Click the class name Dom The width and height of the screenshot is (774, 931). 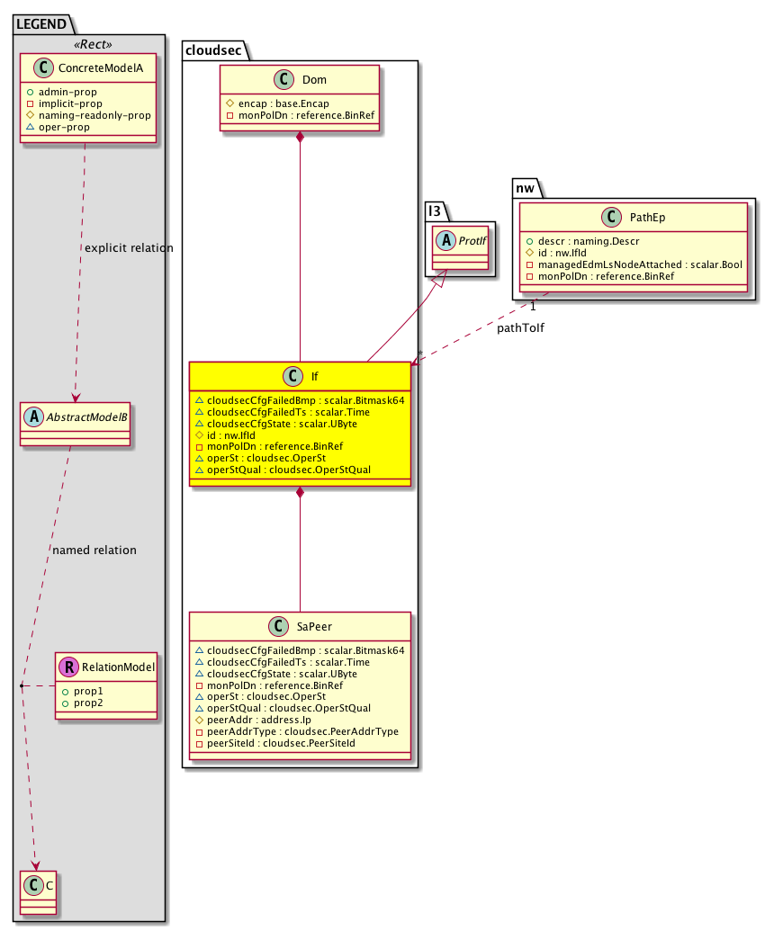coord(314,80)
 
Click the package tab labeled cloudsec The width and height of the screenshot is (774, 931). coord(211,49)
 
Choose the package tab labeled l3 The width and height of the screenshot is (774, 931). coord(435,210)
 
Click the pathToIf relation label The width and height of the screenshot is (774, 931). coord(520,329)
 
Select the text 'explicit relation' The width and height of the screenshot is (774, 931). coord(128,247)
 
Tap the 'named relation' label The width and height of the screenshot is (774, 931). coord(94,550)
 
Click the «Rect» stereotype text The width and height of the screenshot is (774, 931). coord(90,45)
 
